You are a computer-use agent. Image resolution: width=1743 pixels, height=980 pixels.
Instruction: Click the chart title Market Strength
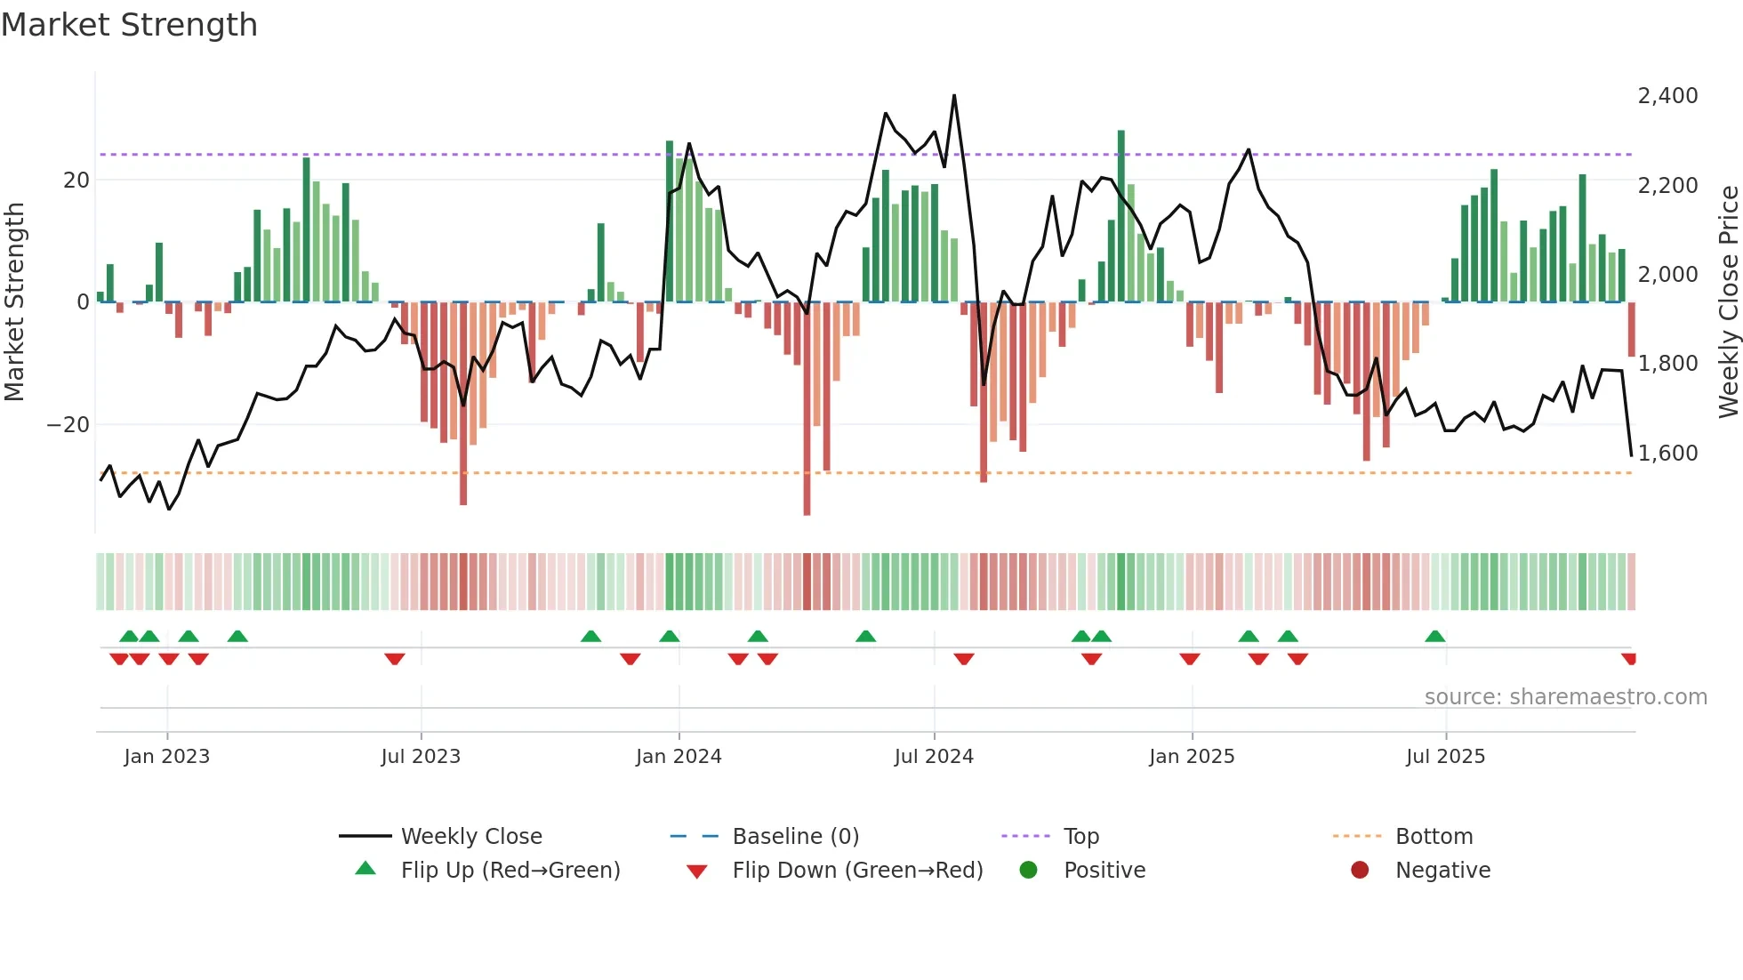[129, 25]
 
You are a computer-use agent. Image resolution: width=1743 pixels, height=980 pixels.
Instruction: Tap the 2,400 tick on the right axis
[1667, 96]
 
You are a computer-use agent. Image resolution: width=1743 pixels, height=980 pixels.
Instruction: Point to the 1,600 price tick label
[1667, 454]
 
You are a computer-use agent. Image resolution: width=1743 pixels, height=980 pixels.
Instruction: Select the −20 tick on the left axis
[68, 425]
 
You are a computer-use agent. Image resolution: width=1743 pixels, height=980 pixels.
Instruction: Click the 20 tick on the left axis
[76, 181]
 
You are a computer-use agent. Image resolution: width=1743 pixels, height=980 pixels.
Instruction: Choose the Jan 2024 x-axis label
[679, 757]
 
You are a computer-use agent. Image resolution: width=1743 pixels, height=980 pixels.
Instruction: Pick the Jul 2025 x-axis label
[1445, 757]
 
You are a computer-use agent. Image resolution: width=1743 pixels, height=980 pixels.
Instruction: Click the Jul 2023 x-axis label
[421, 757]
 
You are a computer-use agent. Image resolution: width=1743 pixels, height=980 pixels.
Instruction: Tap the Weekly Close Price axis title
[1728, 301]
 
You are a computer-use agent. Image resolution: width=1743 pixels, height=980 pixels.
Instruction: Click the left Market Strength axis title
[14, 301]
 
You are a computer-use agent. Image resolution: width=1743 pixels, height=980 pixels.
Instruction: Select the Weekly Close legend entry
[470, 837]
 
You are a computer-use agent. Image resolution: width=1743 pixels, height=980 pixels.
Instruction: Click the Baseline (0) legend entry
[795, 837]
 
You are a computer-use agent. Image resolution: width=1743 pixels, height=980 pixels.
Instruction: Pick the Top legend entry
[1080, 837]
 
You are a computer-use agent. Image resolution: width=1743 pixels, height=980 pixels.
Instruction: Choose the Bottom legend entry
[1434, 837]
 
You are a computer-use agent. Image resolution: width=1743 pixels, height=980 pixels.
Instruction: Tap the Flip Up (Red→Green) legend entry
[510, 871]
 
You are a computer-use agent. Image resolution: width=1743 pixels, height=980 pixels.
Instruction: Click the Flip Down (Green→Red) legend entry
[857, 871]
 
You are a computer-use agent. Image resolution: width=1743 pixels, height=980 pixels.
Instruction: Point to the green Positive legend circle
[1028, 871]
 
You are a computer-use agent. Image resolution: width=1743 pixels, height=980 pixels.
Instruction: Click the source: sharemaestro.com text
[1565, 697]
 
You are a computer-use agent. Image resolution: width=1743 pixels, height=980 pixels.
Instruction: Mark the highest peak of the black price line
[954, 96]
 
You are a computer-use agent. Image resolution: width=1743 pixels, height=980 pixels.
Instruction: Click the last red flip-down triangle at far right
[1629, 659]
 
